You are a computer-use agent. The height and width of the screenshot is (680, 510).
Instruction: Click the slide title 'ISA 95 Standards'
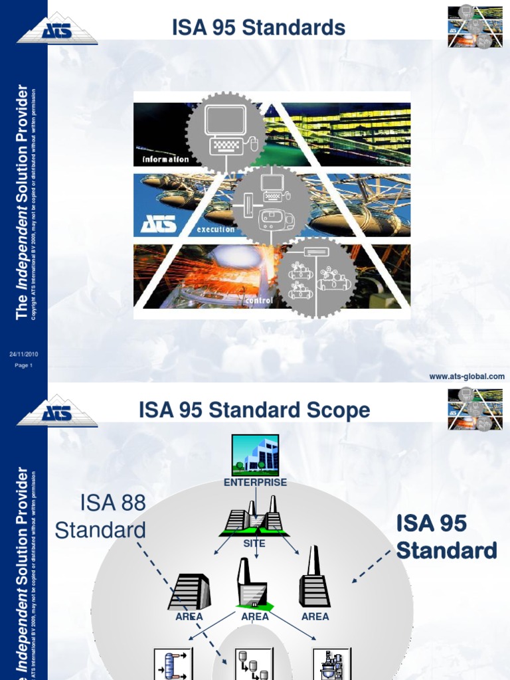pyautogui.click(x=258, y=28)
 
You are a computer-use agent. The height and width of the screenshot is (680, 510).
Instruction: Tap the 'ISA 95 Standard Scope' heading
pyautogui.click(x=254, y=410)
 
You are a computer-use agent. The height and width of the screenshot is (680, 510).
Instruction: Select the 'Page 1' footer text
pyautogui.click(x=24, y=365)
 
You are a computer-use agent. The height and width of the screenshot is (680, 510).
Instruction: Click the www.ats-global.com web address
pyautogui.click(x=467, y=377)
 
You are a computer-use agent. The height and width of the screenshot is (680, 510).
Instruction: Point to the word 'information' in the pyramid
pyautogui.click(x=165, y=159)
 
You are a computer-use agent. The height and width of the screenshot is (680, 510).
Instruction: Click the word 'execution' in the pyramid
pyautogui.click(x=215, y=230)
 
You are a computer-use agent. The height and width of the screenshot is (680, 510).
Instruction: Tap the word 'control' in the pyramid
pyautogui.click(x=260, y=300)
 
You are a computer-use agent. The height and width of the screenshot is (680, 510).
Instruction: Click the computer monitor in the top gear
pyautogui.click(x=225, y=121)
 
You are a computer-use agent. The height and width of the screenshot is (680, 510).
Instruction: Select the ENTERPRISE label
pyautogui.click(x=255, y=483)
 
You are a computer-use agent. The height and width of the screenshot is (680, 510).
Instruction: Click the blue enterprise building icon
pyautogui.click(x=255, y=455)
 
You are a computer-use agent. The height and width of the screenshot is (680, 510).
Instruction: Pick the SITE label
pyautogui.click(x=254, y=543)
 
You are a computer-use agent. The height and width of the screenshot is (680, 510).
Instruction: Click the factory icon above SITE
pyautogui.click(x=254, y=516)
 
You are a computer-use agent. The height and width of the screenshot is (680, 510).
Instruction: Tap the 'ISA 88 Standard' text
pyautogui.click(x=100, y=517)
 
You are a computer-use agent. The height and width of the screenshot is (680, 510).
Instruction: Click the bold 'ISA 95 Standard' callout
pyautogui.click(x=446, y=537)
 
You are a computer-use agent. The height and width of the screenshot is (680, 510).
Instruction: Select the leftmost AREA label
pyautogui.click(x=189, y=617)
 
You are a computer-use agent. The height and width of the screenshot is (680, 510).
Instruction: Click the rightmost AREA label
pyautogui.click(x=315, y=617)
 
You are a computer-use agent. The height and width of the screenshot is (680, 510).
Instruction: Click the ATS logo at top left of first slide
pyautogui.click(x=57, y=28)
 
